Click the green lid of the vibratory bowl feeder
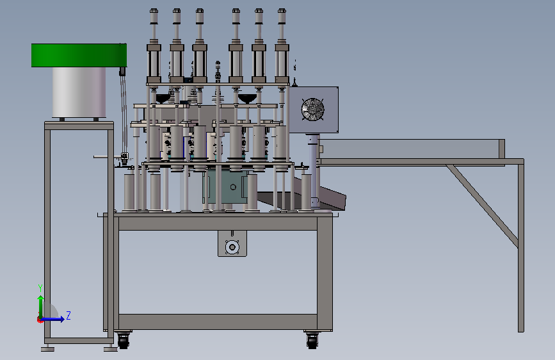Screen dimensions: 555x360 tap(79, 55)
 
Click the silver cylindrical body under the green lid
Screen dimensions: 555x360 tap(79, 92)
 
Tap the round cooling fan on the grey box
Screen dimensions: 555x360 tap(312, 109)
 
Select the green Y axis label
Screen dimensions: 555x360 tap(40, 288)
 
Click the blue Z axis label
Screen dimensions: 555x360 tap(68, 315)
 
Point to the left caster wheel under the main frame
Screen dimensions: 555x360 tap(123, 341)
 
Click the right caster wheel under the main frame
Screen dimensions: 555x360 tap(312, 341)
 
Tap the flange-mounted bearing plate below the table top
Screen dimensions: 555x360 tap(232, 243)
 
